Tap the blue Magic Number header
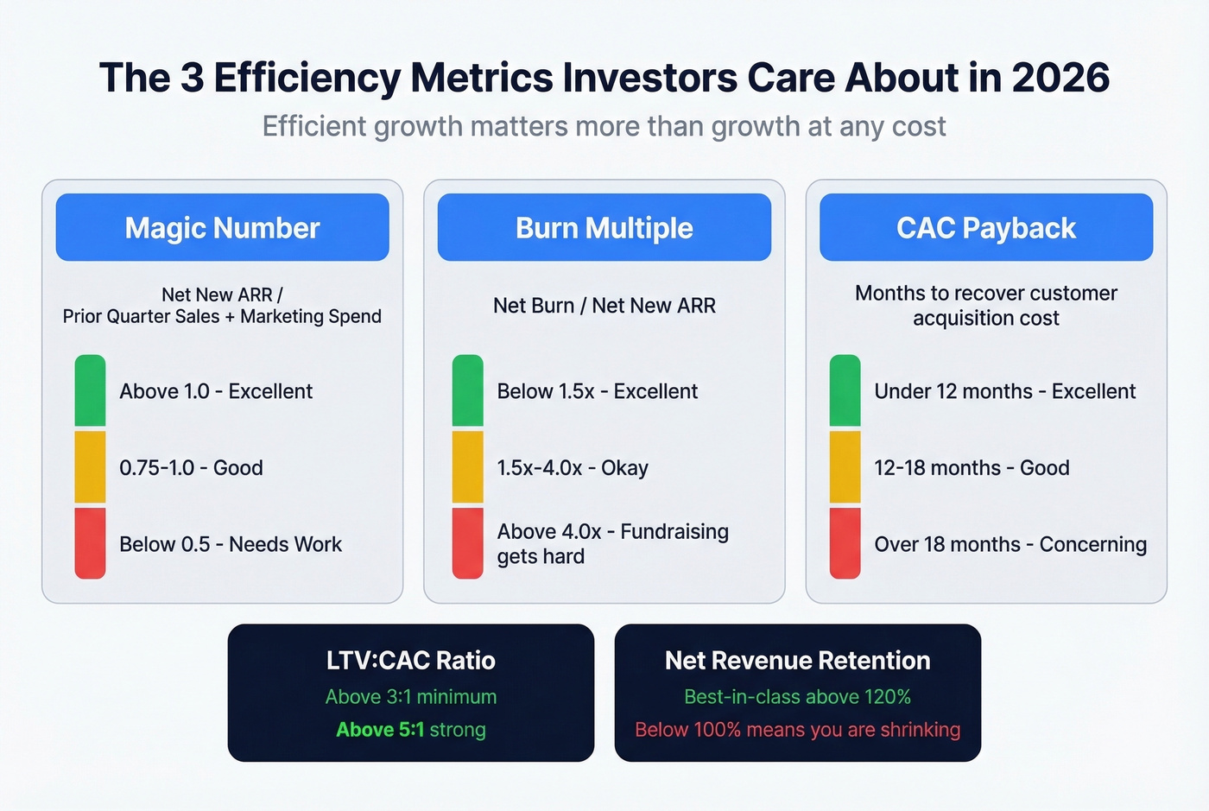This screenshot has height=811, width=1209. click(x=222, y=228)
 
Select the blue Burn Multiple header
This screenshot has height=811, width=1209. click(x=604, y=228)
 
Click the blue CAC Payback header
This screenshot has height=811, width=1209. click(x=985, y=228)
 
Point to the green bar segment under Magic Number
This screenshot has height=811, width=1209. click(x=90, y=390)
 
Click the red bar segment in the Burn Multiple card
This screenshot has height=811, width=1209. click(x=467, y=543)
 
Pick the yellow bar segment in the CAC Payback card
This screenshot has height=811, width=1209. click(x=845, y=467)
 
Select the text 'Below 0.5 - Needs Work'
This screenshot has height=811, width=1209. click(x=231, y=544)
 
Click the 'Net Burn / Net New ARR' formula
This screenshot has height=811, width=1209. click(x=604, y=306)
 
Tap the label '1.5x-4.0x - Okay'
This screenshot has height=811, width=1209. click(x=573, y=468)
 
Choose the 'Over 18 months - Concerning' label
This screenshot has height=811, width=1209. click(x=1010, y=544)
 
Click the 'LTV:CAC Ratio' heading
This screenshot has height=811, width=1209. click(x=411, y=661)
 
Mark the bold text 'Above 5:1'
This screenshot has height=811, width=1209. click(x=380, y=730)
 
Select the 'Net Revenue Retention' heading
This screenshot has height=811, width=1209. click(x=797, y=661)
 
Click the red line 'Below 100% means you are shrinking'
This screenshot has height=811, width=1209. click(x=797, y=730)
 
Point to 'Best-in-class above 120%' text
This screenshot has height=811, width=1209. click(x=797, y=697)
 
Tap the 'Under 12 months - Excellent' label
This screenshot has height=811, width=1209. click(x=1004, y=391)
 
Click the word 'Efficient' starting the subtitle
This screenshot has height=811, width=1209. click(x=313, y=127)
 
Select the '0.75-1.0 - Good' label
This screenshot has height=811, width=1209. click(x=191, y=468)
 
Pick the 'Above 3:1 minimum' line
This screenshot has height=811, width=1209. click(x=411, y=697)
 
